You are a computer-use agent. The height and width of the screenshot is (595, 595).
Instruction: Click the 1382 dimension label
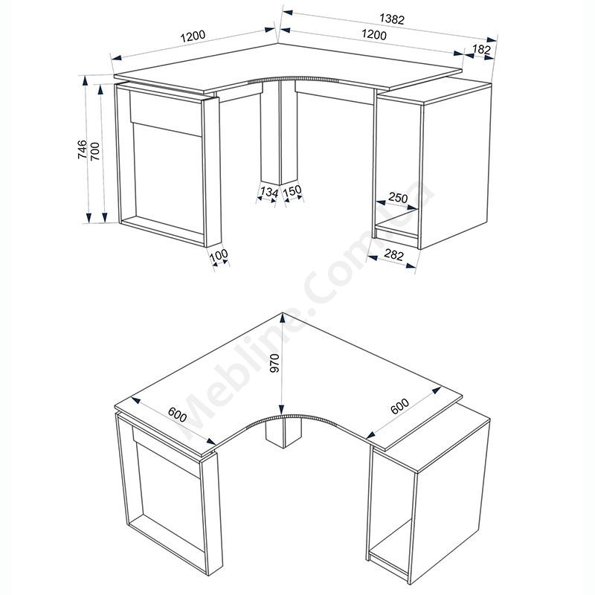[x=392, y=19]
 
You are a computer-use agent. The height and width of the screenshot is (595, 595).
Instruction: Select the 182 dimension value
[x=481, y=49]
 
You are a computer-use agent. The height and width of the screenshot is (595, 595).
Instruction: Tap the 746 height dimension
[x=83, y=149]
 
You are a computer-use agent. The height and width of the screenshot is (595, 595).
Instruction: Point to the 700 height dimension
[x=95, y=151]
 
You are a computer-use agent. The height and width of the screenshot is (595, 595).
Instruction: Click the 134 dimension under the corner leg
[x=269, y=192]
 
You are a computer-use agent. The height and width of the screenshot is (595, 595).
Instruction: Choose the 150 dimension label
[x=292, y=190]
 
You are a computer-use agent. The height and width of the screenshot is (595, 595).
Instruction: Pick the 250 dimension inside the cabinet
[x=398, y=198]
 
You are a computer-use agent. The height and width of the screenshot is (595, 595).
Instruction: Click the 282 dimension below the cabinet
[x=394, y=254]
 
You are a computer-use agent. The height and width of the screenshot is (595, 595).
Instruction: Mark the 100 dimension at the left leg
[x=219, y=255]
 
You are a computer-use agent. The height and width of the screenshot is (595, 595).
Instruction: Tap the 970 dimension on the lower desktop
[x=274, y=363]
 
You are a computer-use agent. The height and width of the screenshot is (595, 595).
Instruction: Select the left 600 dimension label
[x=178, y=414]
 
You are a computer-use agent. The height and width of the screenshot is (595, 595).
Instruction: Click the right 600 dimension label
[x=400, y=406]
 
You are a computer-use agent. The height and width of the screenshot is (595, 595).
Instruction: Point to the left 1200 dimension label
[x=193, y=36]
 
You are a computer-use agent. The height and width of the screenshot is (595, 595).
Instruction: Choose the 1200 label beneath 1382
[x=374, y=34]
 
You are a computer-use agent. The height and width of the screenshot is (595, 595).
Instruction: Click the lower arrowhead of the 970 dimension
[x=282, y=409]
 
